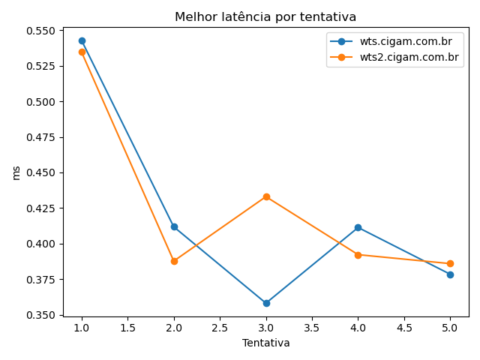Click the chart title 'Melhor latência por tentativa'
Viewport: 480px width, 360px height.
265,16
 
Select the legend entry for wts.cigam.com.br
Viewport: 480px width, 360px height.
405,42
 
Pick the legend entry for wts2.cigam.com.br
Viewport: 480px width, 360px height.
409,57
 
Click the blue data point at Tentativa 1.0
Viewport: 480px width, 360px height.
82,40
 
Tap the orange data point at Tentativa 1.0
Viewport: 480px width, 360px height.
82,52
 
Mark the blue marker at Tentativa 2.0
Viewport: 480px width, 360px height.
174,226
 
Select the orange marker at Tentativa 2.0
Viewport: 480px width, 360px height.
174,261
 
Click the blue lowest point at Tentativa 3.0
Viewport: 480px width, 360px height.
266,303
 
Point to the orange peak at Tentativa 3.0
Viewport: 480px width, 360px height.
266,196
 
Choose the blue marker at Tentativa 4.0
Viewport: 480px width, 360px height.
358,227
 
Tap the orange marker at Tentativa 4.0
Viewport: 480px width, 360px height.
358,255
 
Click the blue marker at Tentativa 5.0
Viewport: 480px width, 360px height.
450,274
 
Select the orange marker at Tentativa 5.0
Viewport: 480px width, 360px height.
450,263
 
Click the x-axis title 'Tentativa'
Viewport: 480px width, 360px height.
265,343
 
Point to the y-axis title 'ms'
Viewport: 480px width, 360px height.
16,172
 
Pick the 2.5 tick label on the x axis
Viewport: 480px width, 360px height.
220,328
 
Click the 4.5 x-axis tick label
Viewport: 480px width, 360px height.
403,328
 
